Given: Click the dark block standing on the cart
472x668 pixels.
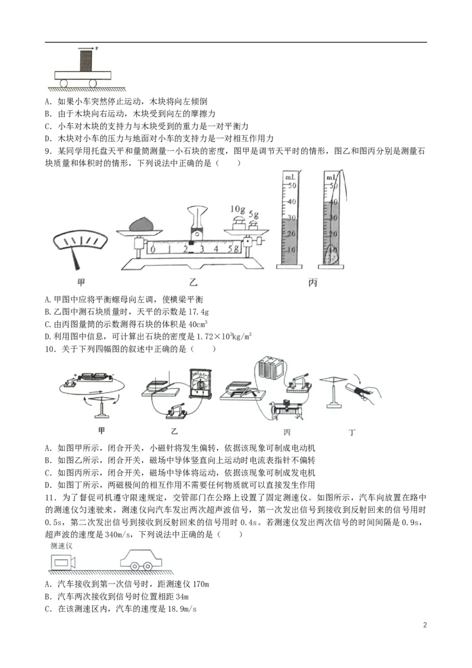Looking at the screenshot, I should (x=86, y=61).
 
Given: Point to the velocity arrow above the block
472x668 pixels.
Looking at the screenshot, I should (x=86, y=47).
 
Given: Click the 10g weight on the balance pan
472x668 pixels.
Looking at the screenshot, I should (x=240, y=223).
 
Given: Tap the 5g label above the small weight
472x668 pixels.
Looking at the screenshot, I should (x=254, y=214).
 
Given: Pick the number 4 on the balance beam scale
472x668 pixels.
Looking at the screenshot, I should (x=217, y=249).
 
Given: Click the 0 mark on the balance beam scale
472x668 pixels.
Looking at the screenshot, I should (x=153, y=250).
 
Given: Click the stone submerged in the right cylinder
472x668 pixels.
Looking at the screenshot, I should (x=331, y=256).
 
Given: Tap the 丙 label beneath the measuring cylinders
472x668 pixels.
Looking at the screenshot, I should (x=313, y=283).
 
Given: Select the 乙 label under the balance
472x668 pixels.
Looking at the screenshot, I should (x=192, y=283).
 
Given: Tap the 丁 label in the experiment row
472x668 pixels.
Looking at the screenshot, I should (x=352, y=433).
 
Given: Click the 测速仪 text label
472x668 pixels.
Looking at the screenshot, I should (x=61, y=546).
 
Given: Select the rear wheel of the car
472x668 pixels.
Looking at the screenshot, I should (x=135, y=567).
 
